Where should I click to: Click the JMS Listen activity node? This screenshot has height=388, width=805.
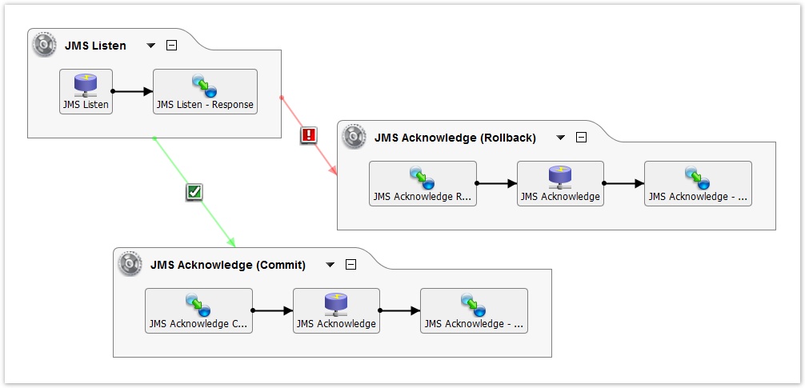(x=86, y=91)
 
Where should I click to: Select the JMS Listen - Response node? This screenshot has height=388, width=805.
(x=205, y=91)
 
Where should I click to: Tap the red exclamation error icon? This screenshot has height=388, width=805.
(x=308, y=135)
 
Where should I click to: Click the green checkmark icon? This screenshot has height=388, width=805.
(x=194, y=191)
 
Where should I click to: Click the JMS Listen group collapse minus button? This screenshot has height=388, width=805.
(x=171, y=46)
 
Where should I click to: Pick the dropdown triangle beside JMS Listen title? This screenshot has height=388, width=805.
(x=151, y=46)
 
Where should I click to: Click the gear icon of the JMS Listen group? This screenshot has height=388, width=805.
(x=45, y=45)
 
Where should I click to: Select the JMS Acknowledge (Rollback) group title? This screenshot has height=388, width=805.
(x=455, y=138)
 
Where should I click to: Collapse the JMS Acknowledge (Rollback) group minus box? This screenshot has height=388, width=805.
(x=582, y=138)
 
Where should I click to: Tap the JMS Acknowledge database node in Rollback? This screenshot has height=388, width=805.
(x=559, y=183)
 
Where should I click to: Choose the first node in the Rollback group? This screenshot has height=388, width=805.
(x=423, y=183)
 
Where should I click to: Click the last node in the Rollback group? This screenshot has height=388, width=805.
(x=698, y=183)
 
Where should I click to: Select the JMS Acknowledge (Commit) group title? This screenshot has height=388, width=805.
(x=227, y=265)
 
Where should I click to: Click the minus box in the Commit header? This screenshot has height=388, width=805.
(x=350, y=265)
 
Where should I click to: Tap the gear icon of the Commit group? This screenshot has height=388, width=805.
(x=130, y=264)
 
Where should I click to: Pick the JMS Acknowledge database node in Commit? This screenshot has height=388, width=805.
(x=335, y=310)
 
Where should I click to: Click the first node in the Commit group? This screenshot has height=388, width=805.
(x=198, y=310)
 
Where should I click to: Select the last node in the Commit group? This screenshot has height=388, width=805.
(x=474, y=310)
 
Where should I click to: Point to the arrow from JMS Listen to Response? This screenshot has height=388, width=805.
(x=132, y=91)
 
